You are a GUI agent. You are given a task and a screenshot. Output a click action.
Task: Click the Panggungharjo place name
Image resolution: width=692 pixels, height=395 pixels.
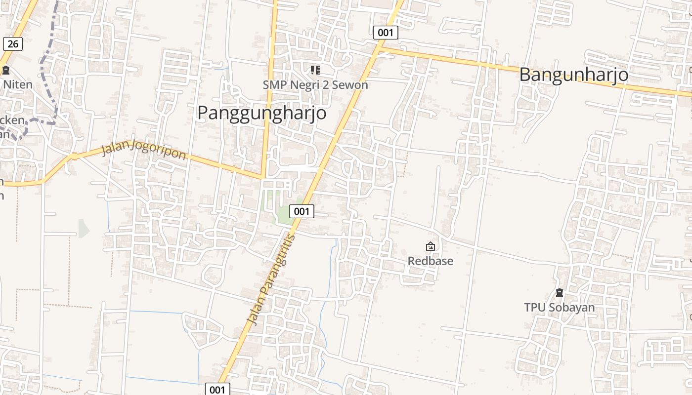[261, 113]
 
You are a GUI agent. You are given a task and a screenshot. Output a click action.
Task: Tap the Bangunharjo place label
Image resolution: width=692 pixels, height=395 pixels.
[573, 75]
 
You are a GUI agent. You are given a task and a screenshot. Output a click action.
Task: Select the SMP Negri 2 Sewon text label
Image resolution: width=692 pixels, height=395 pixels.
[315, 85]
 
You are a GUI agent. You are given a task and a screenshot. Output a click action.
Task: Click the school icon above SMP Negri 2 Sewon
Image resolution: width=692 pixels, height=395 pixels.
[315, 70]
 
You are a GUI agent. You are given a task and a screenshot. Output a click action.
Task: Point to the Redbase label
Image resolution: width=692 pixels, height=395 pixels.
[430, 261]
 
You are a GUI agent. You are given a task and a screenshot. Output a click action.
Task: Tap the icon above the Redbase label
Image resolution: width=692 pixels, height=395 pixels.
[430, 246]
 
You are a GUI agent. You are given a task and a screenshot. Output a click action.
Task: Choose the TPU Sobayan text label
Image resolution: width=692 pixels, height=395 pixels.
[559, 308]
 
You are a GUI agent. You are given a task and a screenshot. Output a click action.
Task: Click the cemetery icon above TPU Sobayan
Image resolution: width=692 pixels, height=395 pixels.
[559, 293]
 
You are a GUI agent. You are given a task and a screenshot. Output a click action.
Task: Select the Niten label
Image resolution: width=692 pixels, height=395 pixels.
[18, 84]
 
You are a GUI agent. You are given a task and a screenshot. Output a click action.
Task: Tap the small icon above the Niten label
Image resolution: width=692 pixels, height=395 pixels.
[6, 70]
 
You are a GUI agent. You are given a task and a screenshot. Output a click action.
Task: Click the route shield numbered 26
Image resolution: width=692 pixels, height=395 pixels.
[13, 44]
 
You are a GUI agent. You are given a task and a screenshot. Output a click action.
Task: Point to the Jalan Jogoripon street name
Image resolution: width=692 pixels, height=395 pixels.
[143, 150]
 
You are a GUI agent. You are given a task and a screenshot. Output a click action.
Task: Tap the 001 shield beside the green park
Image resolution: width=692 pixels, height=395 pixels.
[302, 211]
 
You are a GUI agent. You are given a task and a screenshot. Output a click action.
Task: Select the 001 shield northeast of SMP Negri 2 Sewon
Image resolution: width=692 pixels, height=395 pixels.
[385, 33]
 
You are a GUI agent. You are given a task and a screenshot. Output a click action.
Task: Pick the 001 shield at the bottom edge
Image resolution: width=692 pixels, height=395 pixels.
[217, 389]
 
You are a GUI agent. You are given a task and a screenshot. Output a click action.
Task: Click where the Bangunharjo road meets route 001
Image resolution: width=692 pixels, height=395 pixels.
[380, 48]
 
